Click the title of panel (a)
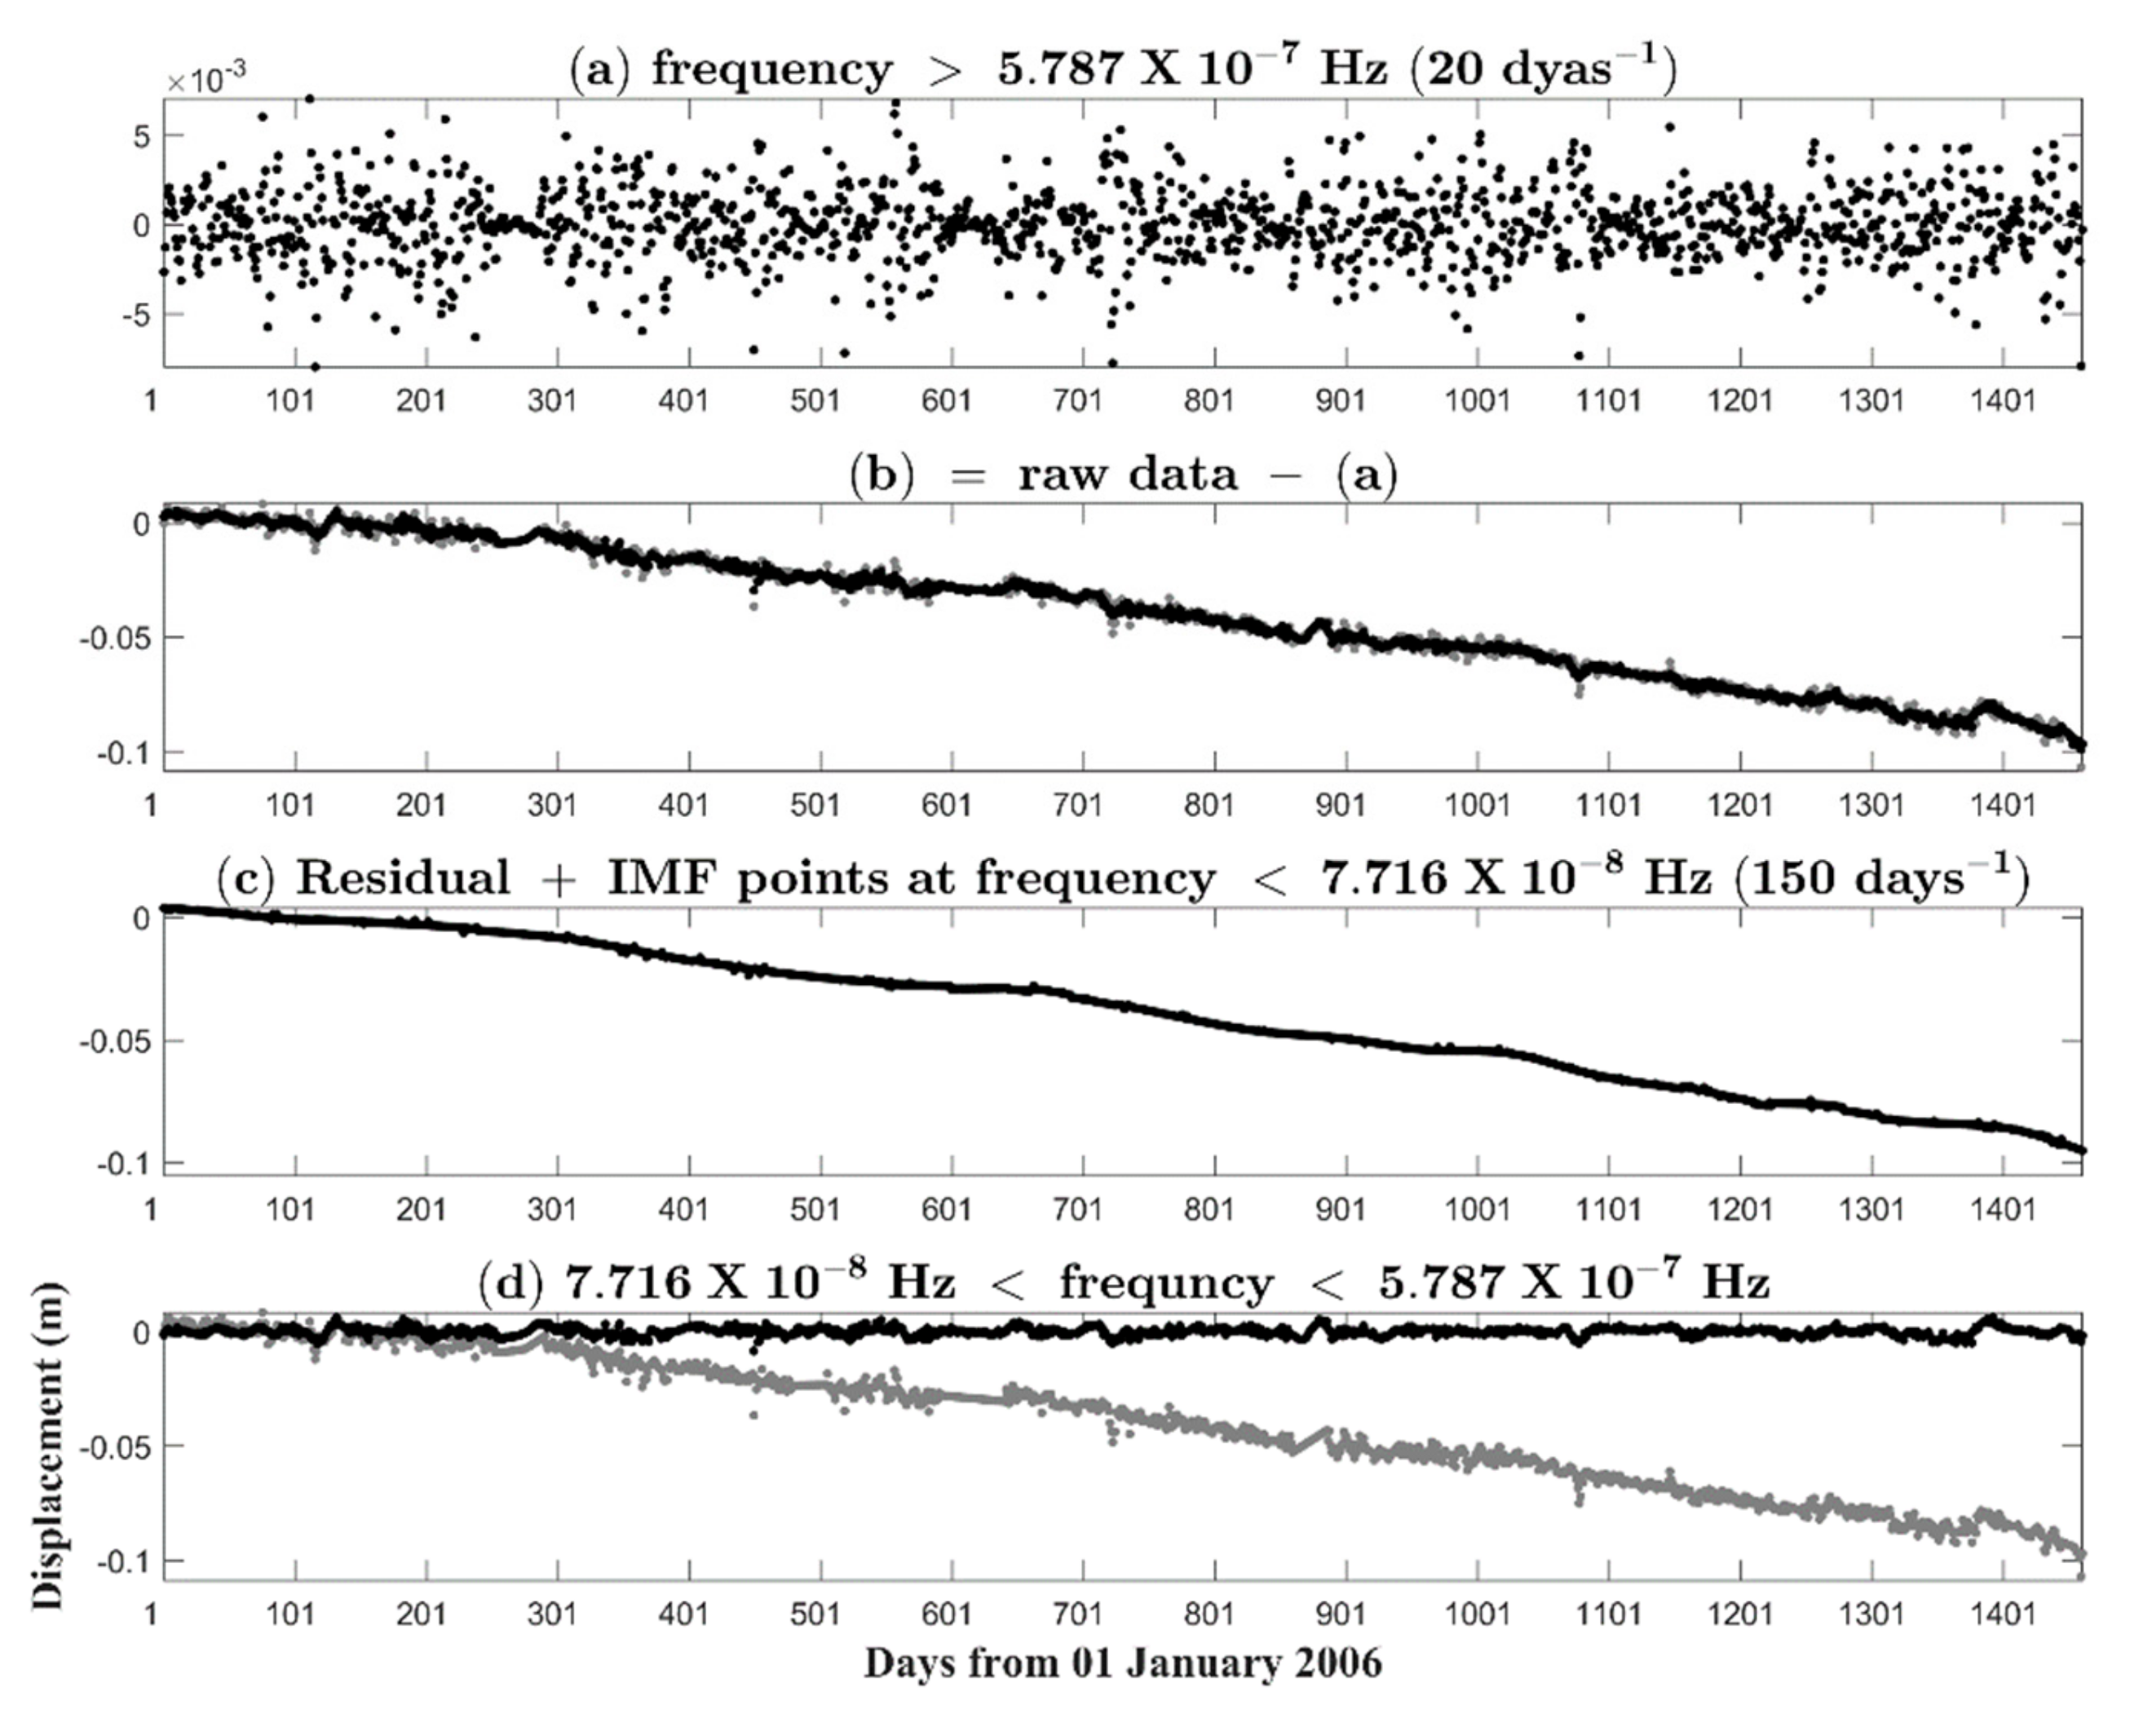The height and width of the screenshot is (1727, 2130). (x=1121, y=69)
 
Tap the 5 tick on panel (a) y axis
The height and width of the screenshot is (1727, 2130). (x=141, y=135)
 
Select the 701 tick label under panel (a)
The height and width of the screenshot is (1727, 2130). (x=1076, y=401)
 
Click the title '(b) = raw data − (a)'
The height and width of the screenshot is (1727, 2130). (x=1122, y=475)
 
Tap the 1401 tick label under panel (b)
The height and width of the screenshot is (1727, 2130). (x=2002, y=804)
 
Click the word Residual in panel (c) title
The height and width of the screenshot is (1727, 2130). (x=403, y=878)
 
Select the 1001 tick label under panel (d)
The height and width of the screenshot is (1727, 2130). (x=1475, y=1613)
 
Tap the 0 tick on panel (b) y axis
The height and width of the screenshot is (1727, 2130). (x=141, y=523)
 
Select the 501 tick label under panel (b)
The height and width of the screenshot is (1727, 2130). (x=814, y=804)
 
